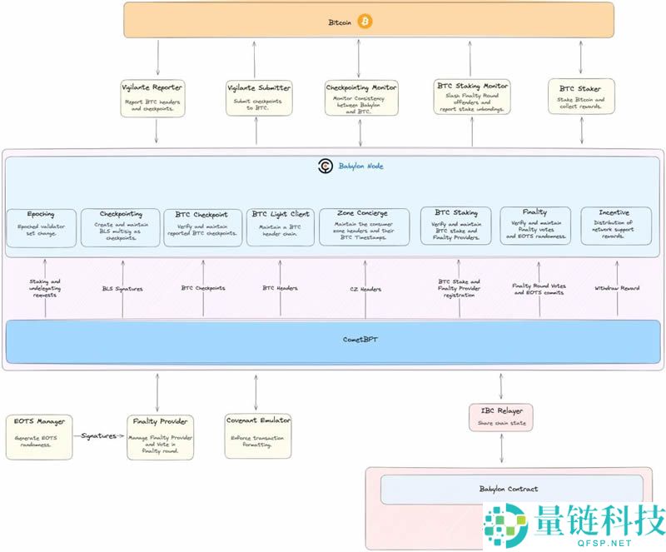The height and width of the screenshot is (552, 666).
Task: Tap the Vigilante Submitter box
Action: coord(258,97)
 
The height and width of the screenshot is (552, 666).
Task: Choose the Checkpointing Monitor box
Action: coord(360,97)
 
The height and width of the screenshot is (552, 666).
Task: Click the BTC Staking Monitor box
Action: coord(472,97)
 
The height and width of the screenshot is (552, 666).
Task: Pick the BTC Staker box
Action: coord(580,97)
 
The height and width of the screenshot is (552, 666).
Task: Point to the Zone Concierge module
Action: coord(365,226)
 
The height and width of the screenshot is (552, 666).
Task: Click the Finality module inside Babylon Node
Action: coord(535,226)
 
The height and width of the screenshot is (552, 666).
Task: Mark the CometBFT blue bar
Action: coord(333,339)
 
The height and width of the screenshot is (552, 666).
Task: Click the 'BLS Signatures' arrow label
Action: coord(122,289)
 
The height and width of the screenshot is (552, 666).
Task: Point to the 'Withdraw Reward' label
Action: coord(617,288)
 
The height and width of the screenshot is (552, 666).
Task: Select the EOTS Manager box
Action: coord(39,436)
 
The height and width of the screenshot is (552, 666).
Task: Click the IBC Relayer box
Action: coord(501,416)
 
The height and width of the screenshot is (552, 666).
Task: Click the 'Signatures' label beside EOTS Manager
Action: coord(98,435)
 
